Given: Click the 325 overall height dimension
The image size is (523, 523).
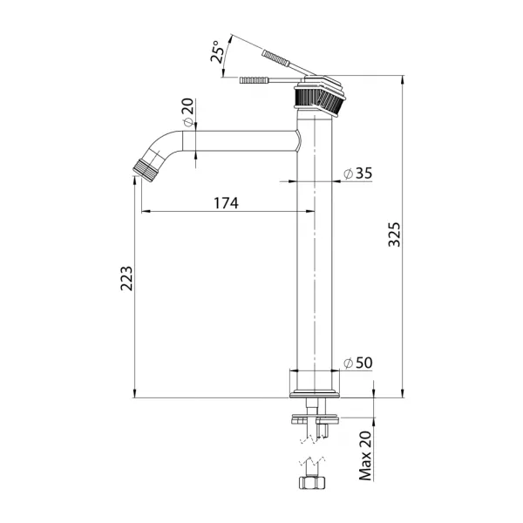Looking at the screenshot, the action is point(395,234).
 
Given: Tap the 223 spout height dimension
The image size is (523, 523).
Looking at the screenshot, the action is point(126,279).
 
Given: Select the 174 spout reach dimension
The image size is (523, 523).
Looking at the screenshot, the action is point(226,203).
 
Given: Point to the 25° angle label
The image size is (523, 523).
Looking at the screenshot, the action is point(217,51).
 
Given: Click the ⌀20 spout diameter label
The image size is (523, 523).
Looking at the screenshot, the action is point(188,112).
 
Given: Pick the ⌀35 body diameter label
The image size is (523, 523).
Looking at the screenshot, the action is point(358,173).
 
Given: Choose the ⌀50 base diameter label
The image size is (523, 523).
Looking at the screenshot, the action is point(358,363).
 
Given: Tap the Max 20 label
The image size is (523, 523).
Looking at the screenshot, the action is point(365,456).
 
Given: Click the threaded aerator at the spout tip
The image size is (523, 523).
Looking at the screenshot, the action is point(145,170).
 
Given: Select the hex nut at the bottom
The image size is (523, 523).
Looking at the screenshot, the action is point(311,483).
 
